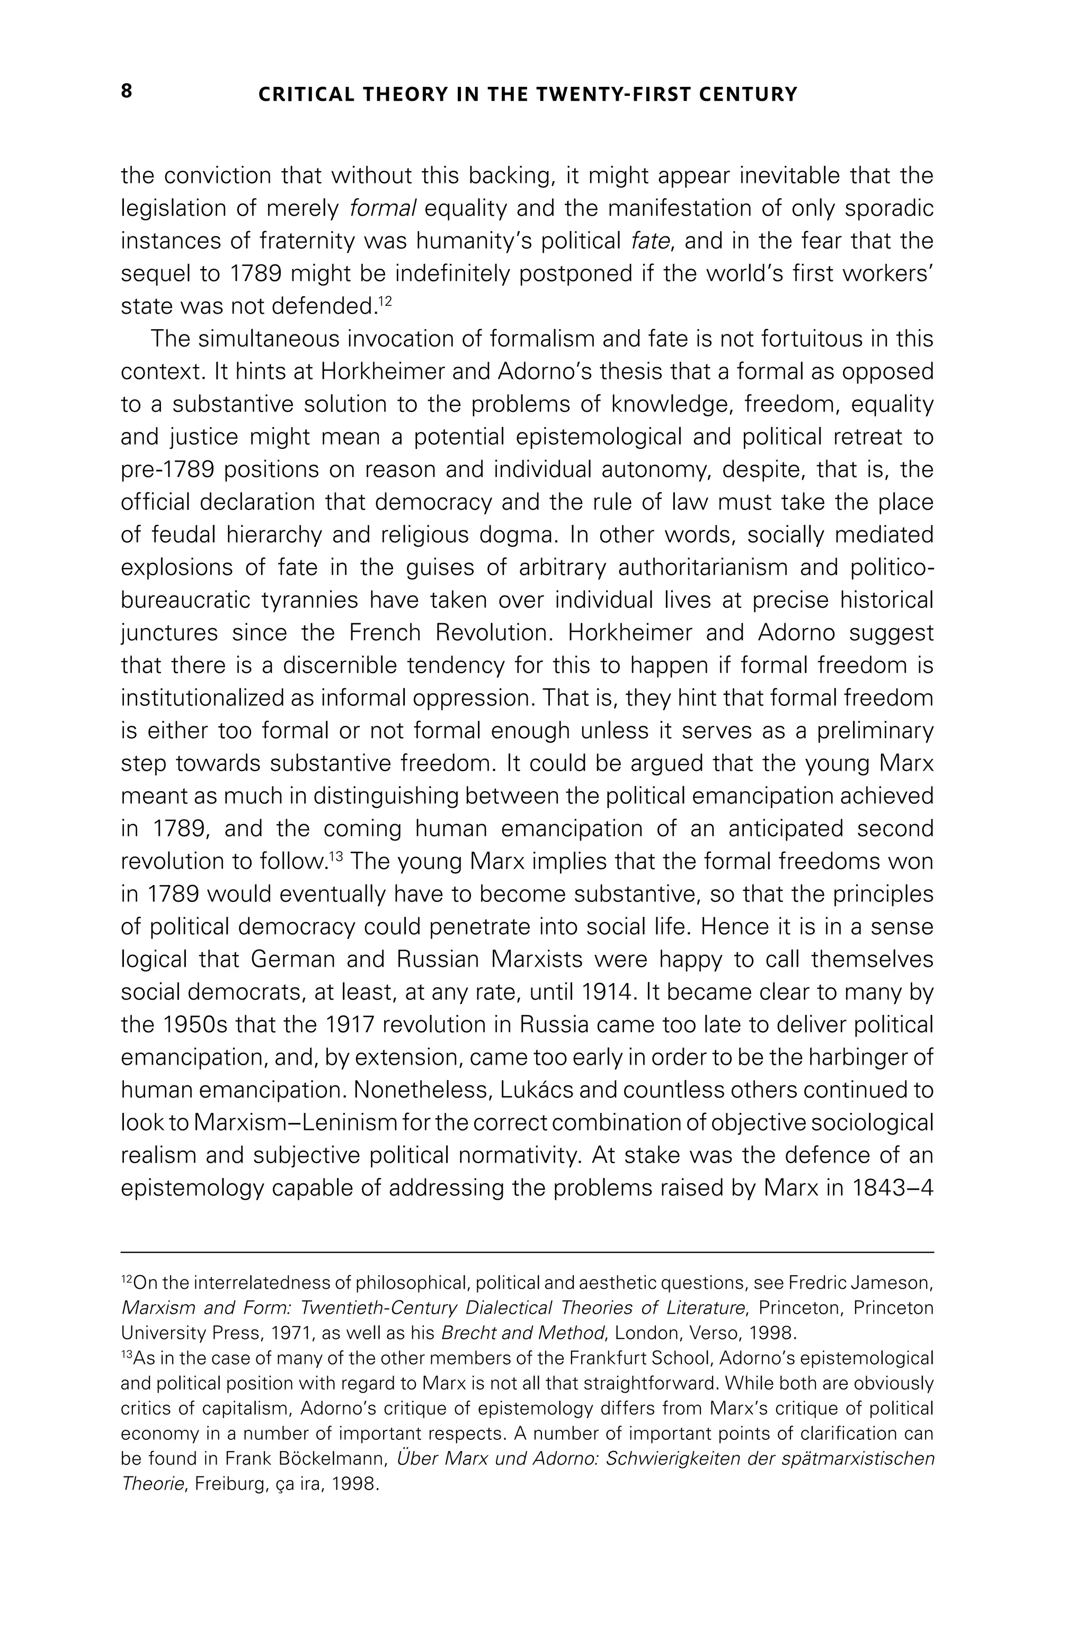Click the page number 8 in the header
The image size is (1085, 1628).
127,91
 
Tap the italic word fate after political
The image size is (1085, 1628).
651,241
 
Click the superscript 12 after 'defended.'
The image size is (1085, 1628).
386,301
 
